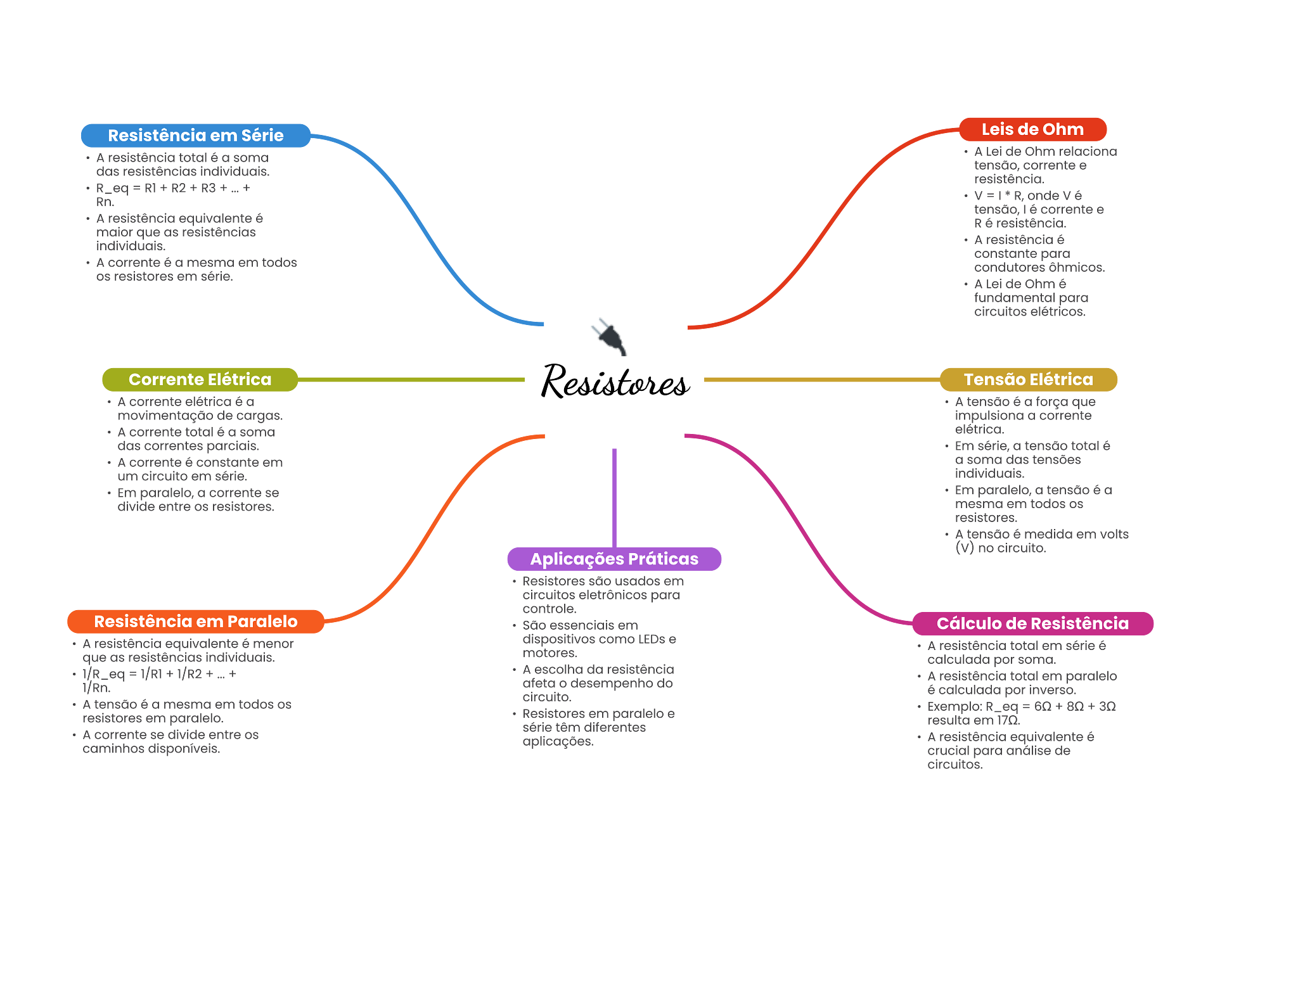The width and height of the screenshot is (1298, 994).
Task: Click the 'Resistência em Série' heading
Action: click(x=195, y=136)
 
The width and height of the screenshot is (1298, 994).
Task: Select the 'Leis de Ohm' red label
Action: click(x=1032, y=129)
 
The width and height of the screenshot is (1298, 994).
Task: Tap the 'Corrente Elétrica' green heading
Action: click(x=200, y=379)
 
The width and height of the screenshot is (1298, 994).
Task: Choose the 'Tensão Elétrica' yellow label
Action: click(x=1028, y=379)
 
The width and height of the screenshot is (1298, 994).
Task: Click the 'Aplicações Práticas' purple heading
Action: click(x=614, y=559)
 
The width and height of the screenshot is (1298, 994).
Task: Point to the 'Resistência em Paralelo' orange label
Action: click(x=195, y=621)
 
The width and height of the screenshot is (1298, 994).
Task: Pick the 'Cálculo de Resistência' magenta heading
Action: click(x=1032, y=623)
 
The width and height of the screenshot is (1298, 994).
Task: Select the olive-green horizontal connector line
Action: click(x=412, y=379)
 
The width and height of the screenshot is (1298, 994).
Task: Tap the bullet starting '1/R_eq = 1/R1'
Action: click(x=158, y=681)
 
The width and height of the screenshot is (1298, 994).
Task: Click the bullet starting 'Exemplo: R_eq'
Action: click(x=1020, y=713)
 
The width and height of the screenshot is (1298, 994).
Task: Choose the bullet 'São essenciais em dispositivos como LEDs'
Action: click(x=598, y=639)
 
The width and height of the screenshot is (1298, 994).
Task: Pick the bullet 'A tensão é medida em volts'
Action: click(x=1041, y=541)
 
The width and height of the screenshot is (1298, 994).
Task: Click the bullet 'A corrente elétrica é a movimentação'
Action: click(x=199, y=409)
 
